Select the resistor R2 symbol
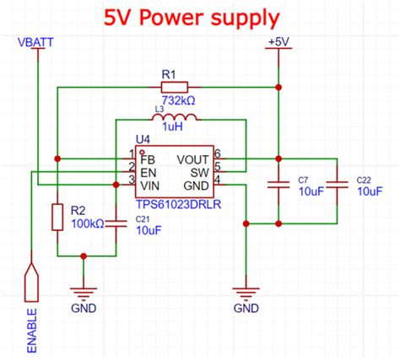pyautogui.click(x=57, y=217)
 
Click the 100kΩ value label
pyautogui.click(x=87, y=223)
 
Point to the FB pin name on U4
pyautogui.click(x=148, y=158)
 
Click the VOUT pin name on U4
pyautogui.click(x=194, y=158)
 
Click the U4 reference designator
pyautogui.click(x=143, y=141)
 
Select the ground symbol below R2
pyautogui.click(x=83, y=293)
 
